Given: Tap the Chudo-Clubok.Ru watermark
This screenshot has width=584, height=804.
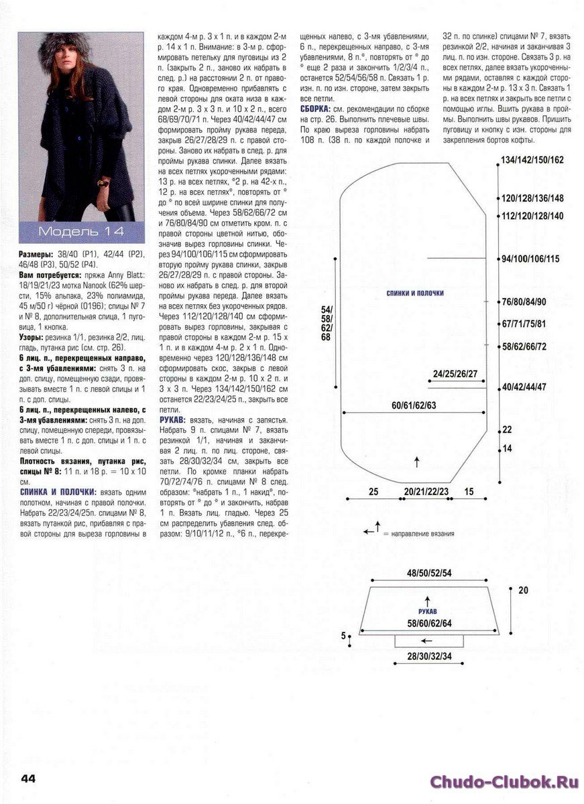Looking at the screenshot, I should pos(504,781).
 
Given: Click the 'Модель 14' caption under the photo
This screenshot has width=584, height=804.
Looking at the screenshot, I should pos(80,232).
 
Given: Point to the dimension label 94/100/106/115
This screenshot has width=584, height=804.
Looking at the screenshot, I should pos(530,259).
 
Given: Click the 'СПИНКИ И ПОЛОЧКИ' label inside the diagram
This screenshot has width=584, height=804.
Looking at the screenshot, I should pos(415,293).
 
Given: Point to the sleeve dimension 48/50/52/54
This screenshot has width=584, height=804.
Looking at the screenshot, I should pos(429,574).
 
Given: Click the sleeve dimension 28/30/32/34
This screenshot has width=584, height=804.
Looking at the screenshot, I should pos(429,659).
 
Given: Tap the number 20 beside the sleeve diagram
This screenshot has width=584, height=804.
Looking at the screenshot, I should pos(523,590).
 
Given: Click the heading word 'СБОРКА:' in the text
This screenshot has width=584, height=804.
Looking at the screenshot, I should pos(314,109).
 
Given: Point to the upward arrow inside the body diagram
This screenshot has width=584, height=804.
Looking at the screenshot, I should pos(417,461).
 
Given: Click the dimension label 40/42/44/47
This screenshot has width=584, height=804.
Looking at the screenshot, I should pos(524,387).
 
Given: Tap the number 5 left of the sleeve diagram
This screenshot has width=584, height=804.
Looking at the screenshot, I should pos(343,635).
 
